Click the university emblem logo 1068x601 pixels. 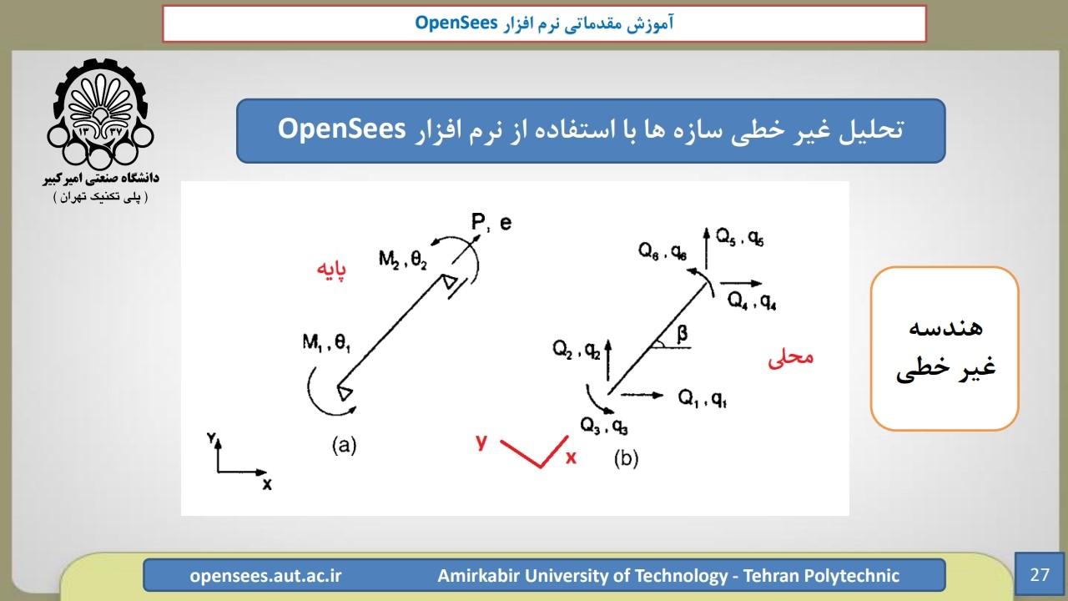click(x=100, y=114)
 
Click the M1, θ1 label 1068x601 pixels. click(x=326, y=342)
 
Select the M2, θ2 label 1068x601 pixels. click(x=403, y=260)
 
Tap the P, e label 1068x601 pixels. click(x=491, y=222)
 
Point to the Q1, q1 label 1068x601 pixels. click(x=703, y=398)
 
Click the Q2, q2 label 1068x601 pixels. click(x=577, y=349)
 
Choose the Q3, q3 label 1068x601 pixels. click(x=603, y=426)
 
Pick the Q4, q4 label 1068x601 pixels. click(x=752, y=301)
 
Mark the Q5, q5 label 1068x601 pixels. click(x=740, y=237)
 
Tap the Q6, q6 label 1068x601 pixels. click(x=662, y=251)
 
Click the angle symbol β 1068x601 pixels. click(x=683, y=334)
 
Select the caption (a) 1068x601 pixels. click(x=345, y=445)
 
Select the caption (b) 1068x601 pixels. click(x=626, y=458)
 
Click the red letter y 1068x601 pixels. click(x=481, y=442)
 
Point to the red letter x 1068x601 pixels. click(x=571, y=458)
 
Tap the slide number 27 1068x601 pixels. click(x=1040, y=574)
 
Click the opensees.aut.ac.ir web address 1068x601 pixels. click(x=265, y=576)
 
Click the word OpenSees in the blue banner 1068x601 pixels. click(x=341, y=129)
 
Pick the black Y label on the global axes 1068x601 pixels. click(x=212, y=437)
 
